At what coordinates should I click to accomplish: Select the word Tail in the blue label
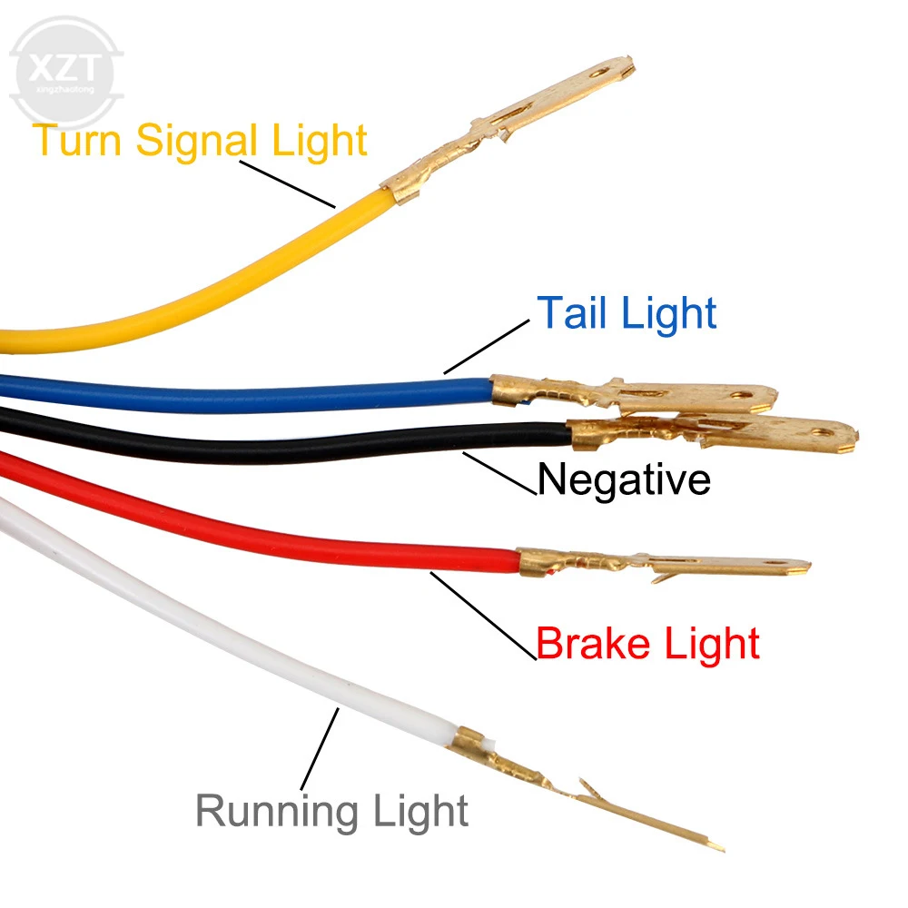(574, 313)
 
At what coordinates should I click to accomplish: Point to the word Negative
(624, 479)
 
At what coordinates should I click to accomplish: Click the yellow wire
(227, 281)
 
